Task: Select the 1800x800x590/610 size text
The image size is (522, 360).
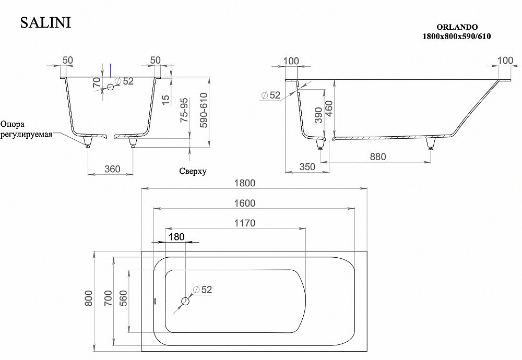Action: (457, 37)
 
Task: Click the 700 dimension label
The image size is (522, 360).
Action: (108, 298)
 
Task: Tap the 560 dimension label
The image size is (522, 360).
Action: (124, 298)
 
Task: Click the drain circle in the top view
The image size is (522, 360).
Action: (185, 302)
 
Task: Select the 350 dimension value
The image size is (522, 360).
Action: (308, 167)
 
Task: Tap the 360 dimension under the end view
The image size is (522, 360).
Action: (112, 169)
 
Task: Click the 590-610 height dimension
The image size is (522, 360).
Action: (204, 111)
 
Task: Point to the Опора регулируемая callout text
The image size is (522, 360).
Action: (26, 129)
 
